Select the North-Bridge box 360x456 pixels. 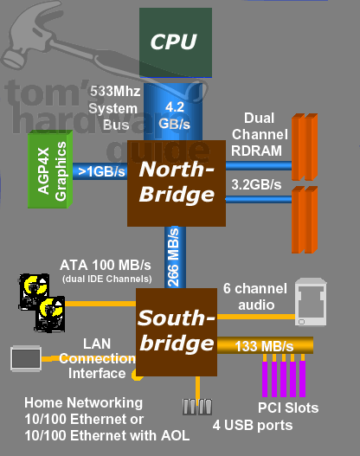point(176,181)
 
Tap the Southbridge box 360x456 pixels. point(176,332)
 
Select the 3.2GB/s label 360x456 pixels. point(256,183)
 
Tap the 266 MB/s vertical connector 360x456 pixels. point(174,257)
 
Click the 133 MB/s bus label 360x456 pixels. point(258,345)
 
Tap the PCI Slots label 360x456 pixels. point(288,407)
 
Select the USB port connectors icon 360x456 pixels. point(197,406)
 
